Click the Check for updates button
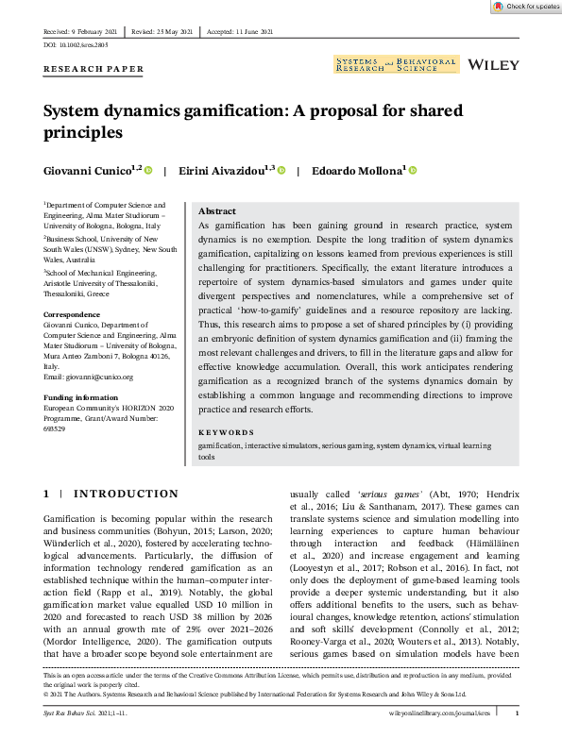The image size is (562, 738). click(525, 7)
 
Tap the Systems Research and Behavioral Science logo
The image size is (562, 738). click(395, 65)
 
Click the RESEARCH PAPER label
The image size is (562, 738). click(94, 69)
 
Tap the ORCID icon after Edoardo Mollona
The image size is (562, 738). click(413, 171)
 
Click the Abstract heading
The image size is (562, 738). click(217, 211)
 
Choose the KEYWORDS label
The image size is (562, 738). click(226, 432)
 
